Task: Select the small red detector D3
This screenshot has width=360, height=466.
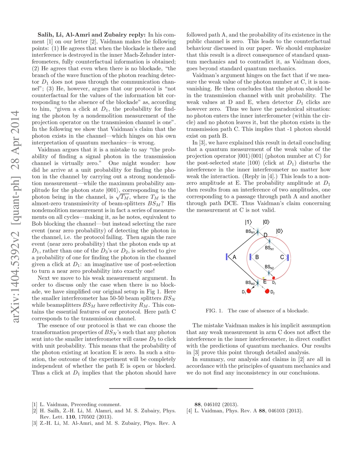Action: [x=273, y=278]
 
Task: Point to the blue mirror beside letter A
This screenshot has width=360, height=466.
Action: [x=226, y=257]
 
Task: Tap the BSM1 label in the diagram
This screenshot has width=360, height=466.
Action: [x=251, y=232]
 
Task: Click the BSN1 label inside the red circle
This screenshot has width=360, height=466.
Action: [x=270, y=247]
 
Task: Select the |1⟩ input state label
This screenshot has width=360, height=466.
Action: [x=248, y=223]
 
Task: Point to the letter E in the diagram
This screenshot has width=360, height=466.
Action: [x=264, y=282]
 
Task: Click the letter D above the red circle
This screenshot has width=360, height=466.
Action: [x=265, y=235]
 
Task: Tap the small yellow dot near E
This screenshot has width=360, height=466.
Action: [x=264, y=278]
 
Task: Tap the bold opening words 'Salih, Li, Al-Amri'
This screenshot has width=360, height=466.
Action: [x=62, y=35]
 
